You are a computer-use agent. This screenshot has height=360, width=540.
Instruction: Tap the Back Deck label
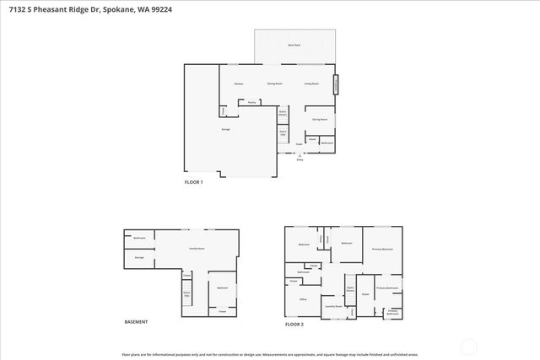pos(294,45)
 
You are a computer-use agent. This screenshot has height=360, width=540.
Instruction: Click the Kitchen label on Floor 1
pos(239,84)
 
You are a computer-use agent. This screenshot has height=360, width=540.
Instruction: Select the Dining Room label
pos(274,84)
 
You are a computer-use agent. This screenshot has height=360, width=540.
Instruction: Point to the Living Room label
pos(311,84)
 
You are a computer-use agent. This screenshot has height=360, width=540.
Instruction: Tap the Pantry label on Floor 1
pos(251,102)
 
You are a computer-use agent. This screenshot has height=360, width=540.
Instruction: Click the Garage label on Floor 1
pos(226,129)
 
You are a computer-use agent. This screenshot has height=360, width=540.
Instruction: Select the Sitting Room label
pos(320,120)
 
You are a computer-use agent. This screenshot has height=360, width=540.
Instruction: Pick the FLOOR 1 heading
pos(194,182)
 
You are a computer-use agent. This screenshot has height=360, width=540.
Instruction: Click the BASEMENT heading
pos(136,322)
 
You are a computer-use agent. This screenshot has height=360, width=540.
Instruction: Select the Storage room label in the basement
pos(139,257)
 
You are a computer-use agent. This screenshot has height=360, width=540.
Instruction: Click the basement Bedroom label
pos(222,288)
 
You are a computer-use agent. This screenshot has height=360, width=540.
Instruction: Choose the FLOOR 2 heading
pos(294,324)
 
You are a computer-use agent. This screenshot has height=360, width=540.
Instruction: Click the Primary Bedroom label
pos(382,250)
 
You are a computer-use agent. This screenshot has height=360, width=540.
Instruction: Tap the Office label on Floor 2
pos(302,299)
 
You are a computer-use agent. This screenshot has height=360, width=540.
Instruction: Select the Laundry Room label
pos(333,307)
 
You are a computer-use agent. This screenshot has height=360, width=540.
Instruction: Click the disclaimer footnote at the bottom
pos(270,354)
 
